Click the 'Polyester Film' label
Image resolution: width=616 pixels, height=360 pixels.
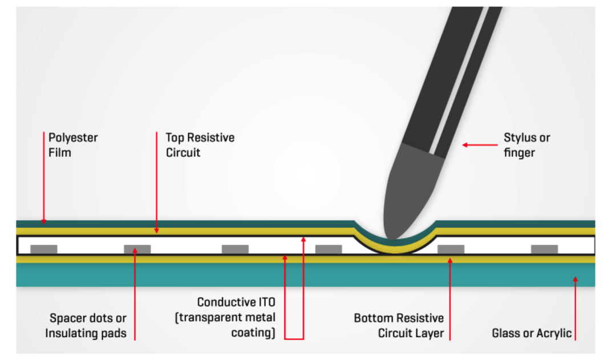click(x=73, y=145)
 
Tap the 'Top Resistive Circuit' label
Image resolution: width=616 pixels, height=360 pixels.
click(x=200, y=145)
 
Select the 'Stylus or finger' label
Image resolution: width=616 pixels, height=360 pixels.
click(x=527, y=145)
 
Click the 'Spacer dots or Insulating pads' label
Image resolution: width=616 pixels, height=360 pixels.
click(x=86, y=325)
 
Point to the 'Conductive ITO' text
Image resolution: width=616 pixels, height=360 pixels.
click(x=236, y=302)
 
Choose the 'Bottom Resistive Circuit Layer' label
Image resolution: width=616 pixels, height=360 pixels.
click(x=399, y=325)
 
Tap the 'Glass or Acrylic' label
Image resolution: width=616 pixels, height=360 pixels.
click(x=532, y=333)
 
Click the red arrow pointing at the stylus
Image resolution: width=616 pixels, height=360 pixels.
click(x=480, y=145)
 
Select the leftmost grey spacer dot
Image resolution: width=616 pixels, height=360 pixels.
click(x=44, y=249)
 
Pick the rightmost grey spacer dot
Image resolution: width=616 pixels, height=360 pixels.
click(x=545, y=249)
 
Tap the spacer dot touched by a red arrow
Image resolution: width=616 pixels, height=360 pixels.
click(x=137, y=249)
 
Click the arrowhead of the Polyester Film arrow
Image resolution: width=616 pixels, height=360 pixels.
click(x=44, y=222)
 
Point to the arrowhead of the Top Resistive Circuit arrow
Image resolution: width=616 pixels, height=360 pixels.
click(x=156, y=230)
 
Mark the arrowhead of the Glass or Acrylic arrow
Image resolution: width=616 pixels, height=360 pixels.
click(x=575, y=279)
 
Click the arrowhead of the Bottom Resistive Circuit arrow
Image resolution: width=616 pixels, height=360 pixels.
click(x=450, y=260)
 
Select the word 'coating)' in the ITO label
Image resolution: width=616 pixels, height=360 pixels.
click(x=253, y=333)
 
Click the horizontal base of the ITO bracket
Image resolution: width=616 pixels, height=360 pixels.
click(x=294, y=338)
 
